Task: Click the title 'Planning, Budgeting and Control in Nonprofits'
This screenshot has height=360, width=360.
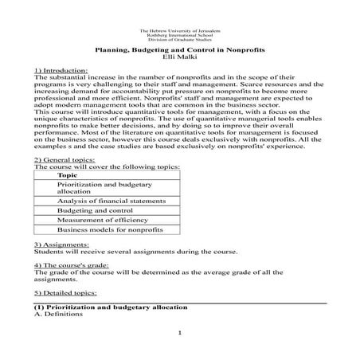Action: point(181,50)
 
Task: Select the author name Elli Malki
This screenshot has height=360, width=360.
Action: point(180,57)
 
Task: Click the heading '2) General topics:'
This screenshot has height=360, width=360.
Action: point(60,159)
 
